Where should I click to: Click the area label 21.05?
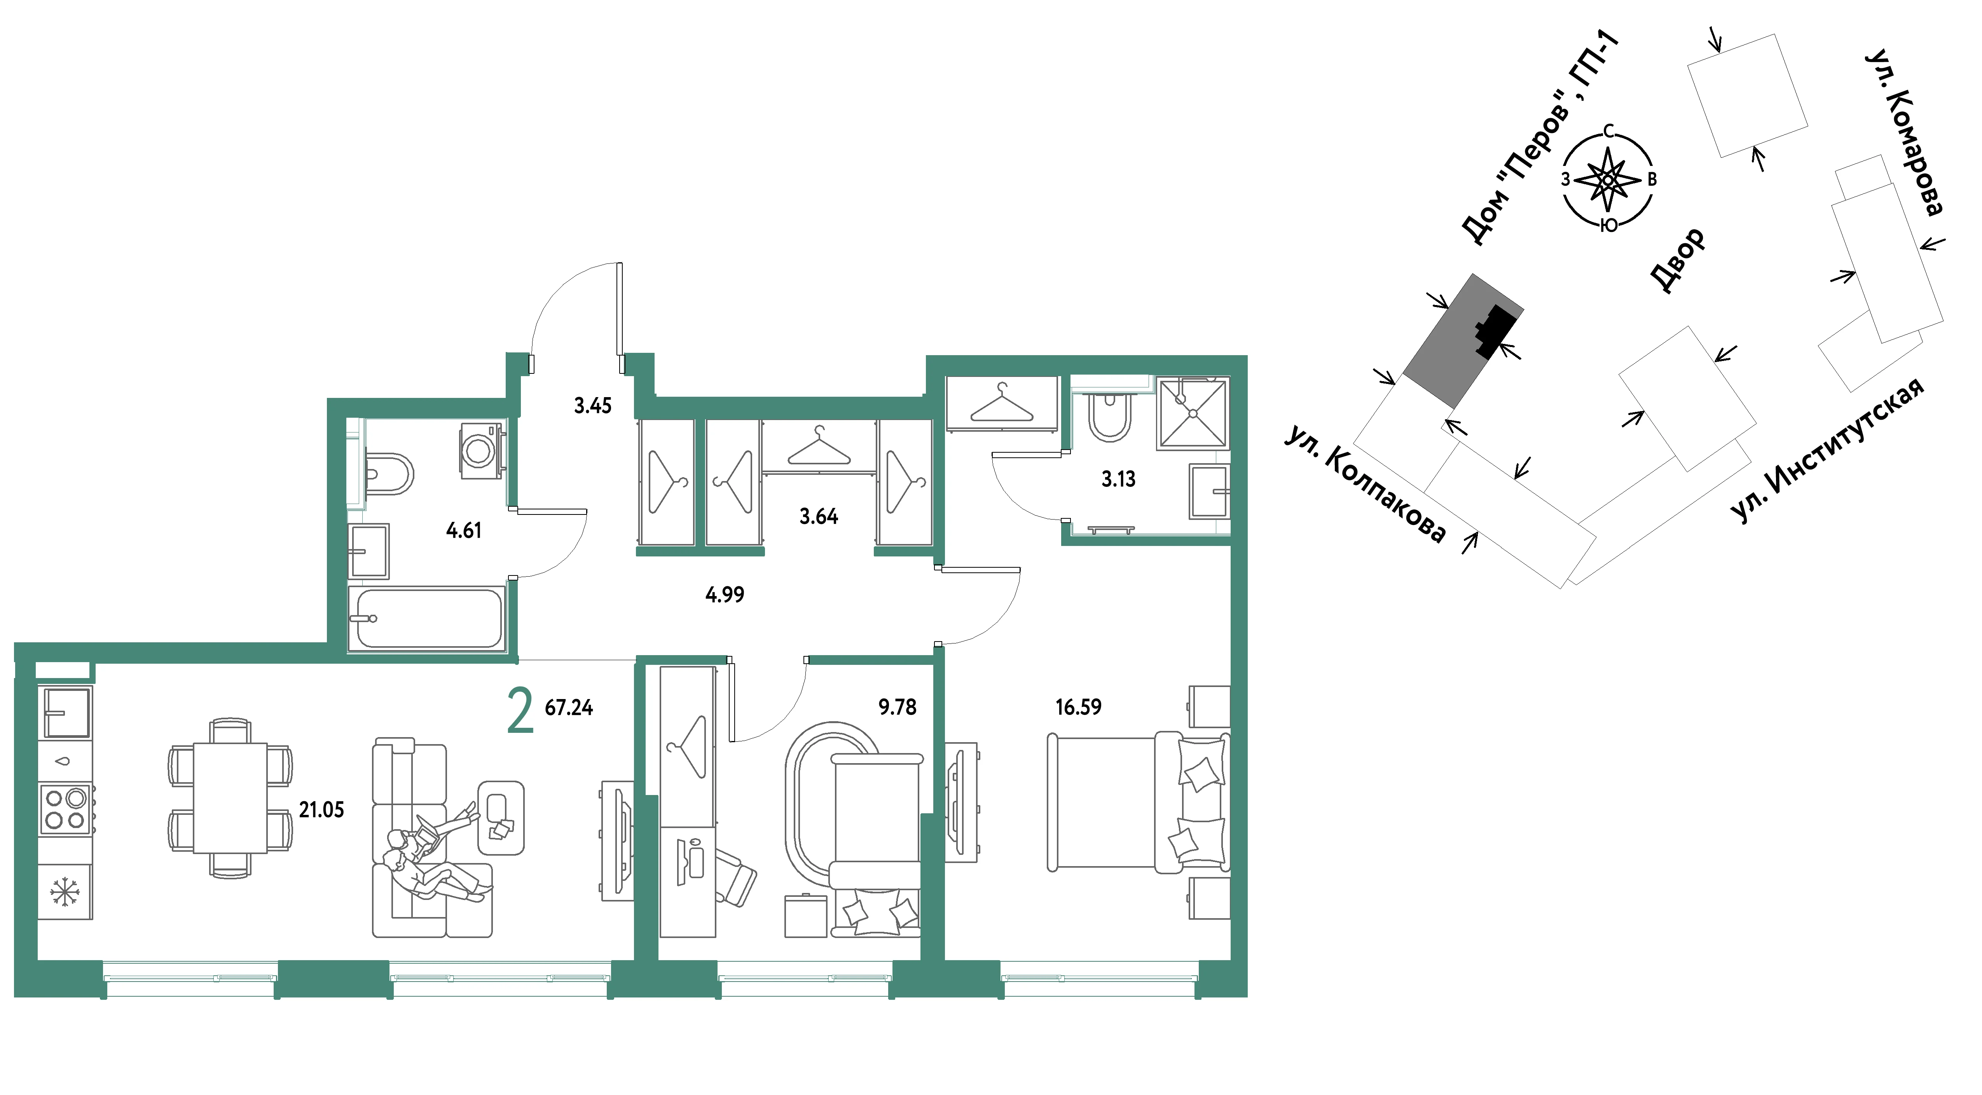321,810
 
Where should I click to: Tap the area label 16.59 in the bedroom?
1078,707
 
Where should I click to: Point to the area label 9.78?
897,707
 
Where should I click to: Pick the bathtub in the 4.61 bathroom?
426,618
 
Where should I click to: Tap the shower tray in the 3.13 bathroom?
1193,413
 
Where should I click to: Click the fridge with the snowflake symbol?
65,892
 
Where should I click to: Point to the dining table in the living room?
230,798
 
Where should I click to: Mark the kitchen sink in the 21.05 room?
67,713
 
